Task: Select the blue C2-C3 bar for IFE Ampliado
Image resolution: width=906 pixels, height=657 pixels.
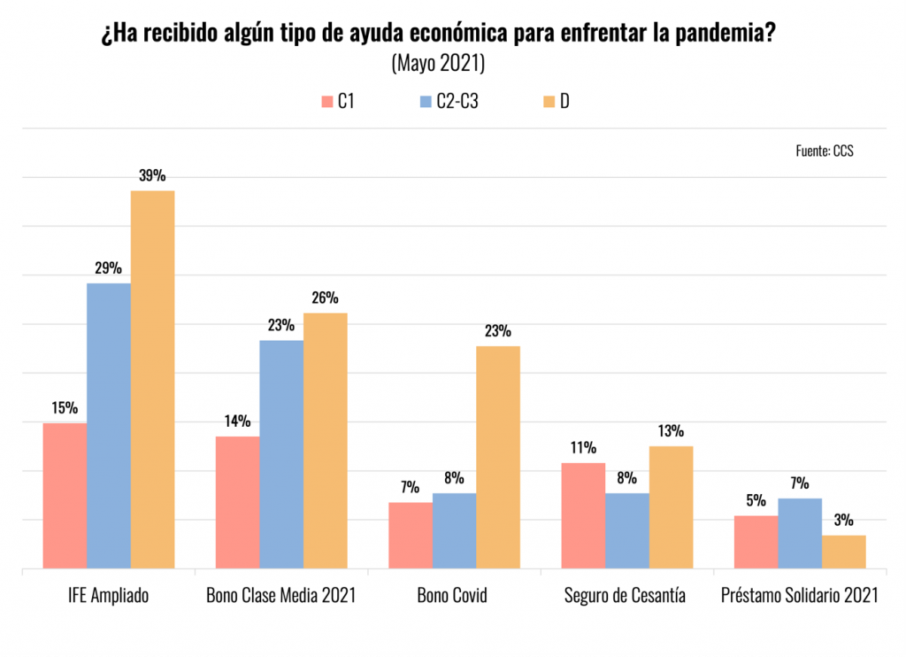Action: (x=109, y=425)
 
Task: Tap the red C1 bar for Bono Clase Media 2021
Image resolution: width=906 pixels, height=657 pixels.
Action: (x=238, y=502)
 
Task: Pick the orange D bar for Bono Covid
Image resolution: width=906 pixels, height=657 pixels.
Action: (x=498, y=457)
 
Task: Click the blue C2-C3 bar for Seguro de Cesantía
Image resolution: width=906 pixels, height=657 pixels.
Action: (x=627, y=530)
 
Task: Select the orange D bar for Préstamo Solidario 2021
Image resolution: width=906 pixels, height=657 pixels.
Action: (x=843, y=551)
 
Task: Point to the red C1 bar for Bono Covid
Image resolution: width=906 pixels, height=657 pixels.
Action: (x=411, y=535)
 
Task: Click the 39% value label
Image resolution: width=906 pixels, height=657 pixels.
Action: (x=152, y=175)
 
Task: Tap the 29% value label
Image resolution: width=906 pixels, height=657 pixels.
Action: (x=109, y=268)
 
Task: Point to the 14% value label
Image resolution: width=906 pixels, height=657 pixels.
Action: (x=237, y=421)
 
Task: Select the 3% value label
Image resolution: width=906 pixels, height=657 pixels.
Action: (x=843, y=521)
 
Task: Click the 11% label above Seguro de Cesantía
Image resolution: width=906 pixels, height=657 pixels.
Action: (x=583, y=448)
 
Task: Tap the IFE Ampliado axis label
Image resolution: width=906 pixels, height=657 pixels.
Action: (x=108, y=595)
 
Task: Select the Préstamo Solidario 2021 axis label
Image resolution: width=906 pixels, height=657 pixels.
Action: (x=799, y=595)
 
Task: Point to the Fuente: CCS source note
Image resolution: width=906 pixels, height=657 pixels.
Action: (x=825, y=151)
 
